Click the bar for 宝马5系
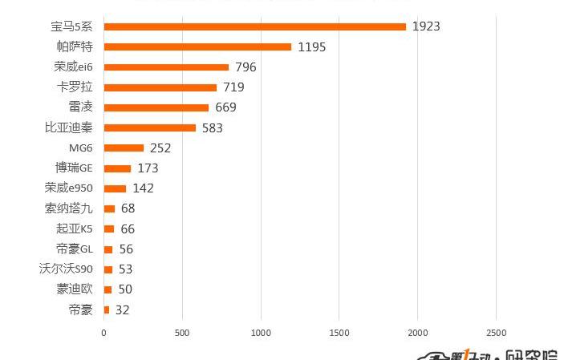click(255, 26)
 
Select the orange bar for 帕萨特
click(197, 47)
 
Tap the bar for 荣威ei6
click(166, 67)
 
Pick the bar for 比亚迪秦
click(149, 127)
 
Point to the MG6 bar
click(124, 148)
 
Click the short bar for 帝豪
click(107, 309)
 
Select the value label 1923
click(426, 26)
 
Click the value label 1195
click(311, 47)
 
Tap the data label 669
click(225, 107)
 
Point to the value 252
click(160, 148)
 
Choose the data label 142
click(143, 188)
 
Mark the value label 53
click(125, 269)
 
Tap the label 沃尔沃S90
click(66, 269)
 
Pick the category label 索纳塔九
click(69, 208)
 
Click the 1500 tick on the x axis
click(339, 332)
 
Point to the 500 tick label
click(182, 332)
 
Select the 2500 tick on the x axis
click(496, 332)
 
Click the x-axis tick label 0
click(103, 332)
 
